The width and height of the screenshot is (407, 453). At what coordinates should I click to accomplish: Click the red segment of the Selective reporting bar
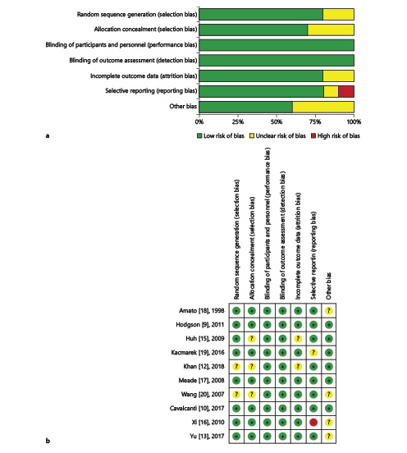tap(346, 92)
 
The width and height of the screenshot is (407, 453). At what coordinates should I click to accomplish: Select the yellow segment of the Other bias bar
tap(323, 107)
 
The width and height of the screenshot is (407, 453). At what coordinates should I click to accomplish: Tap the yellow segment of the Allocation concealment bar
tap(331, 30)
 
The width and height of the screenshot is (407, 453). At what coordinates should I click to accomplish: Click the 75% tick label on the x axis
tap(315, 122)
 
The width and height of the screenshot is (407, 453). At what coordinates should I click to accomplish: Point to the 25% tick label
tap(238, 122)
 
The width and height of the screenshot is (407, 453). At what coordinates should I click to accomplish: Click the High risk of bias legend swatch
tap(313, 135)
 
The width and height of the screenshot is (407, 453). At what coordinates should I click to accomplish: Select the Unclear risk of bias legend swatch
tap(252, 135)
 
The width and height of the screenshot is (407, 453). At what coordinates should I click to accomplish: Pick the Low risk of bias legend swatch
tap(199, 135)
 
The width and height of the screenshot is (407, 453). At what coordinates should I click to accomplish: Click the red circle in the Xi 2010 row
tap(313, 423)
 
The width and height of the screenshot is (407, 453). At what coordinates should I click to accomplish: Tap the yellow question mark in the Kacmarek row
tap(313, 352)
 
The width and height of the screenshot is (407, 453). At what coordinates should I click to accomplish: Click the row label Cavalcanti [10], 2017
tap(197, 409)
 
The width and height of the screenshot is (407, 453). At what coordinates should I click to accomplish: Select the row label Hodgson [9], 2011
tap(200, 325)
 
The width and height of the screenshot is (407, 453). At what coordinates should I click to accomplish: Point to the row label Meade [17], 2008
tap(201, 381)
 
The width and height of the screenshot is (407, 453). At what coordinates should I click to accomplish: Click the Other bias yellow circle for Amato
tap(329, 311)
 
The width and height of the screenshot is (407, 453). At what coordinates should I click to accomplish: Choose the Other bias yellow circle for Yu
tap(329, 437)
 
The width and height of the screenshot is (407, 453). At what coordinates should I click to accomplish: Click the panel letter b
tap(48, 441)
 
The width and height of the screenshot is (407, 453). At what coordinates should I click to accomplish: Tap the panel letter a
tap(48, 135)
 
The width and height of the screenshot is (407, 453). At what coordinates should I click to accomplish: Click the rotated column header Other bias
tap(328, 286)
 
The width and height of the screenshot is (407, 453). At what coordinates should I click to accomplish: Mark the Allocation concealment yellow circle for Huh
tap(252, 339)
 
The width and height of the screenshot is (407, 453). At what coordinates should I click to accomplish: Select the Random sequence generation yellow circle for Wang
tap(236, 395)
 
